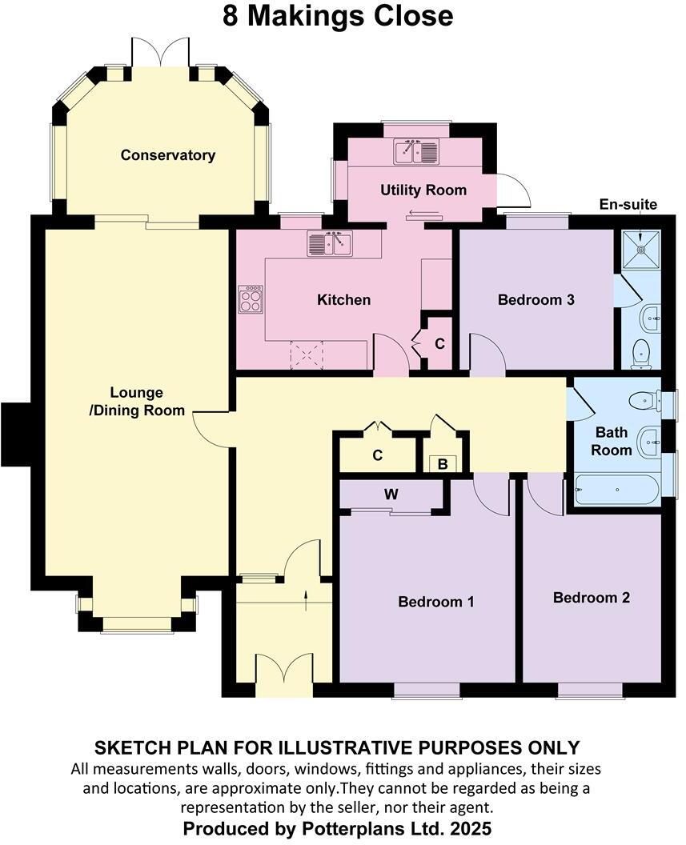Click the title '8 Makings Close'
[x=337, y=16]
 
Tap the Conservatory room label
[x=167, y=155]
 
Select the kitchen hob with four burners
[x=251, y=299]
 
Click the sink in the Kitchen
[x=329, y=242]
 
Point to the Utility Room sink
[x=416, y=151]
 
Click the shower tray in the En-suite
[x=641, y=248]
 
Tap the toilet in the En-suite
[x=640, y=354]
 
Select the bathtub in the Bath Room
[x=616, y=490]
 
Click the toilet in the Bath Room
[x=644, y=401]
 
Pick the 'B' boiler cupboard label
[x=443, y=464]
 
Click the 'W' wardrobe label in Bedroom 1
[x=391, y=495]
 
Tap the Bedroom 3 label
[x=536, y=300]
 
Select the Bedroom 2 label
[x=592, y=598]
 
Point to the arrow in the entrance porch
[x=307, y=599]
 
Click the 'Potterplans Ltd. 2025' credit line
[x=337, y=827]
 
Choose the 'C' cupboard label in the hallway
[x=378, y=455]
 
